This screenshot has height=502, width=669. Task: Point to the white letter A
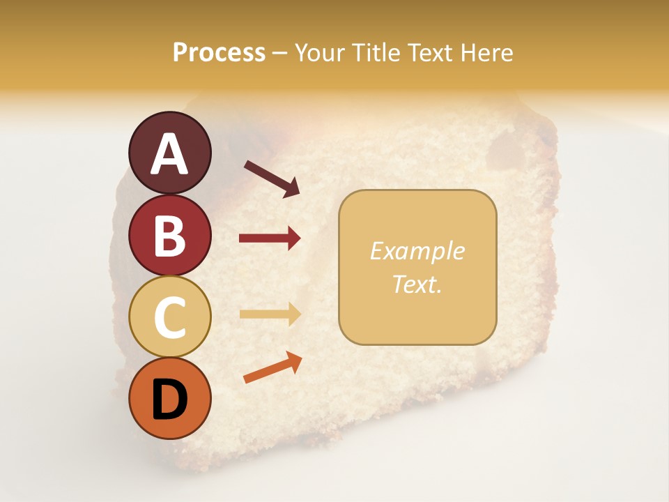click(x=169, y=154)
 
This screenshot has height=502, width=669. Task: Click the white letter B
click(x=169, y=236)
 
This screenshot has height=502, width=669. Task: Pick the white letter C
click(x=169, y=318)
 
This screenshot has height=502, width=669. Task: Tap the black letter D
click(x=169, y=400)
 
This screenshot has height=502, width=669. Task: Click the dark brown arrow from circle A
click(x=272, y=178)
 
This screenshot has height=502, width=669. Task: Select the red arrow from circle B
click(x=270, y=238)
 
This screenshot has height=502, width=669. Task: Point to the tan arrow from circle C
click(x=270, y=314)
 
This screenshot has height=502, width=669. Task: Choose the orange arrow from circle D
click(x=272, y=367)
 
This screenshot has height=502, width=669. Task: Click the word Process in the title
click(x=219, y=52)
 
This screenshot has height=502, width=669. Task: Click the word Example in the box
click(x=417, y=251)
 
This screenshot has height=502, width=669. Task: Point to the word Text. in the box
click(x=417, y=284)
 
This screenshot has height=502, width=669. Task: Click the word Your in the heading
click(x=318, y=52)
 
